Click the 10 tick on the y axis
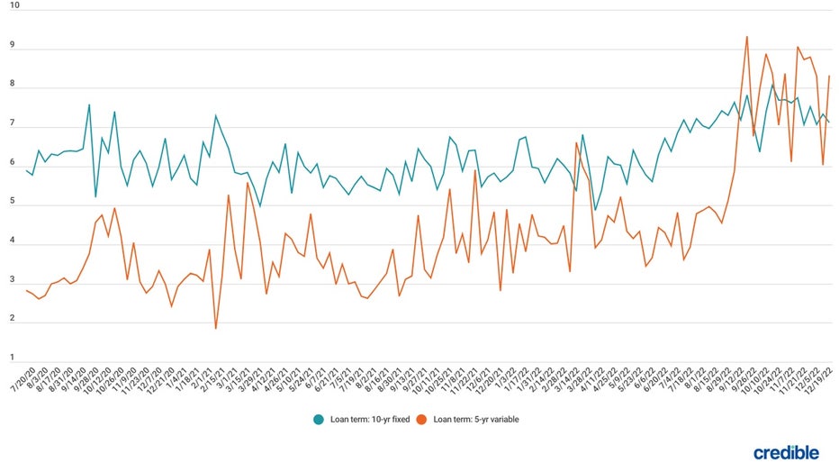[14, 5]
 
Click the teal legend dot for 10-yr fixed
[319, 419]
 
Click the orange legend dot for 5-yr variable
[425, 419]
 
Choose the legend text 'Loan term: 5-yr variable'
[478, 419]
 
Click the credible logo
[786, 451]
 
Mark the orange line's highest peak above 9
[747, 37]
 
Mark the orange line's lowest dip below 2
[215, 328]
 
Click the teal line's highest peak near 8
[771, 86]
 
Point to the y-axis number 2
[13, 318]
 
